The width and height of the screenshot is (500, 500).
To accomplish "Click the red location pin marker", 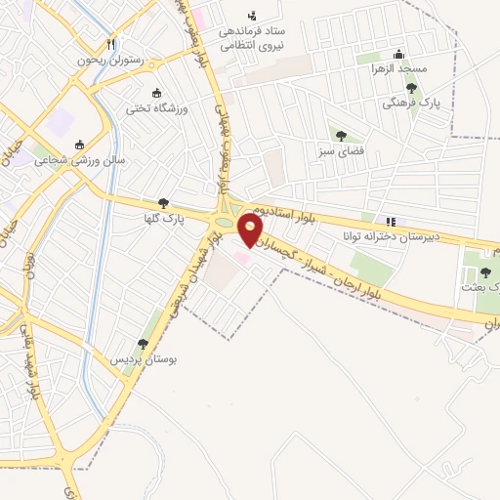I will click(251, 230).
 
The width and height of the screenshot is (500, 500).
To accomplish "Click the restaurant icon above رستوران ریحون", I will click(110, 44).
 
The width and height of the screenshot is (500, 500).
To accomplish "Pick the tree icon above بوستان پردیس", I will click(144, 344).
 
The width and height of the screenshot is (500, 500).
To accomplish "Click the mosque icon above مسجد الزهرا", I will click(397, 55).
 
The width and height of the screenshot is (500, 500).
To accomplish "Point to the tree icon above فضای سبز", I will click(340, 136).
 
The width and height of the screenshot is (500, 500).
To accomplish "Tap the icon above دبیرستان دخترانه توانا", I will click(392, 222).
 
